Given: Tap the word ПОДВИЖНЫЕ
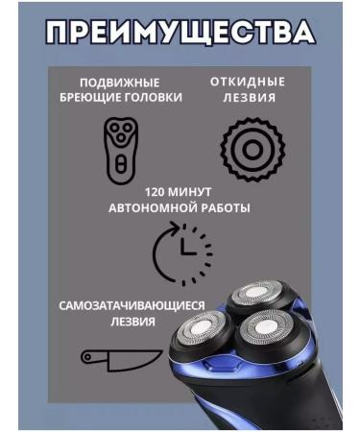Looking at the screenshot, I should pyautogui.click(x=119, y=83).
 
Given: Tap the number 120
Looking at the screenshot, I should pyautogui.click(x=156, y=190).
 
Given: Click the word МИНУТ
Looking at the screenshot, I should pyautogui.click(x=198, y=190).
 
